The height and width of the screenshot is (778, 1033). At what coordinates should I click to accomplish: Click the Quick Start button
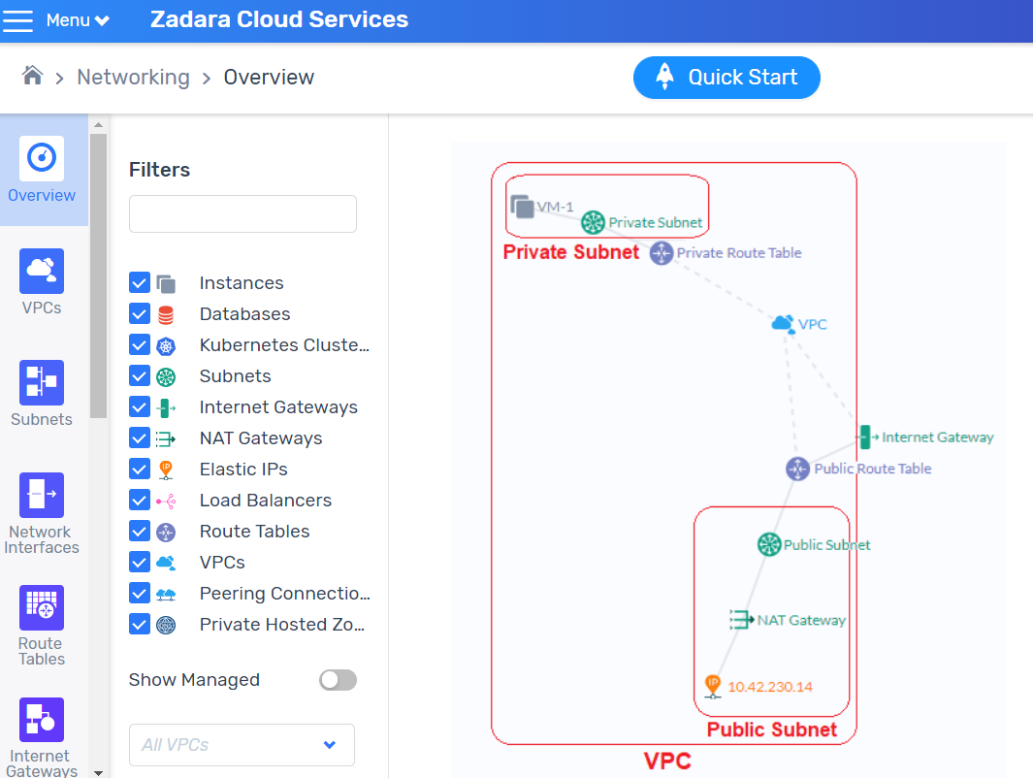726,78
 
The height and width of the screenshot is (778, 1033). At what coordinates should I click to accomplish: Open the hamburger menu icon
17,20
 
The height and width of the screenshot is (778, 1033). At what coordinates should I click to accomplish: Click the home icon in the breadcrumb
32,76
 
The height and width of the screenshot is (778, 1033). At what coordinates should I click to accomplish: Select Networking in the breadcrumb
133,77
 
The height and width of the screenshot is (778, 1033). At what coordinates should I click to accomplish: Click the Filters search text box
242,213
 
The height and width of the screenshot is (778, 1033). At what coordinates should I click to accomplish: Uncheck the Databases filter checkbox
140,313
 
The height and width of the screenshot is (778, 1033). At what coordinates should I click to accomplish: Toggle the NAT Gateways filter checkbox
140,438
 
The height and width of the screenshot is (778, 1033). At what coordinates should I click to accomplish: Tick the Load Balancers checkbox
140,500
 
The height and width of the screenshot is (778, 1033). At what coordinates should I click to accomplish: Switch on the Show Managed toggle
338,680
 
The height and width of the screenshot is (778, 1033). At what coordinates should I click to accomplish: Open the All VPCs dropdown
242,745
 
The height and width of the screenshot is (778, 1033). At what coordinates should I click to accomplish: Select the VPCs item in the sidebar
42,282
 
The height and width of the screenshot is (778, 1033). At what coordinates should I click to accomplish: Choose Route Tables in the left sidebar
42,626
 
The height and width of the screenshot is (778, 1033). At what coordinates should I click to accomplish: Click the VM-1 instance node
523,207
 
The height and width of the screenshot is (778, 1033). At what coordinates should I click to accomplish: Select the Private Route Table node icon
662,253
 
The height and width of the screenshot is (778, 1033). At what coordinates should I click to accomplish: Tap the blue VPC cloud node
783,323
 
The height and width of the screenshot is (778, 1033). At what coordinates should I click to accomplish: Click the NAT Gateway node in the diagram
741,619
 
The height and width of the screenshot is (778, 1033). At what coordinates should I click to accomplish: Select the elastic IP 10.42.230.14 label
769,687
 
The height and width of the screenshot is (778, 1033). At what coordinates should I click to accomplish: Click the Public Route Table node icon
798,470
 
